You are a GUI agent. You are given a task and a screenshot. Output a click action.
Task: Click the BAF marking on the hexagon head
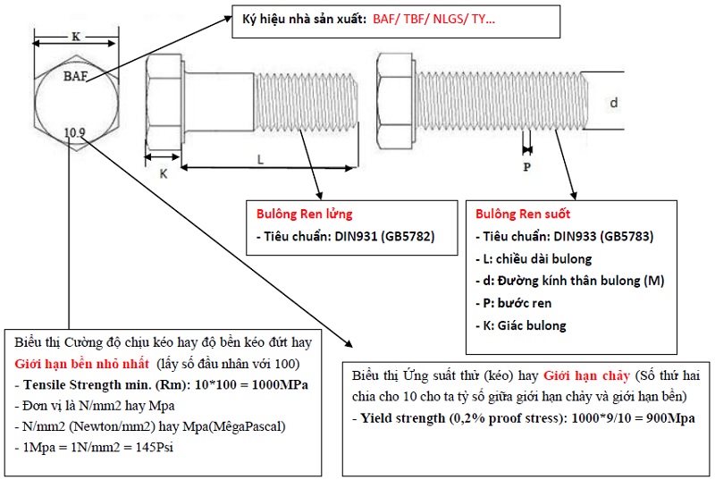(76, 76)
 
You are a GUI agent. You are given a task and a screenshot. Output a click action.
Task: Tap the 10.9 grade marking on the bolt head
(74, 132)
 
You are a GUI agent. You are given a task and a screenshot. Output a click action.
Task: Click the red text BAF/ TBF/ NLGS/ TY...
(433, 19)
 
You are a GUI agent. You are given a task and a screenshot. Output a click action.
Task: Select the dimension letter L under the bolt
(260, 159)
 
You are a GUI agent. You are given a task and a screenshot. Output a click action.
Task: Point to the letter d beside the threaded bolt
(614, 103)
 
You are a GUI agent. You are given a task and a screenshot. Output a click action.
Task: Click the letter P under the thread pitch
(527, 167)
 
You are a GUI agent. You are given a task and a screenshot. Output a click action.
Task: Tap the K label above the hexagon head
(76, 37)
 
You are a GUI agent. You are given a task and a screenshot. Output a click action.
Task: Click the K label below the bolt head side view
(164, 173)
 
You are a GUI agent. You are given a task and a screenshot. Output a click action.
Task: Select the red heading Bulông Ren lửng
(304, 214)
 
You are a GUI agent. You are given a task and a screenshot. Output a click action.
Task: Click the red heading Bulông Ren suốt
(523, 214)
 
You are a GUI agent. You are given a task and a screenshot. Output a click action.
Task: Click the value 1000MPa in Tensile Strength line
(280, 384)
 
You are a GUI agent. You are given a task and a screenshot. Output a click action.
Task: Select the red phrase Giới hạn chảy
(586, 376)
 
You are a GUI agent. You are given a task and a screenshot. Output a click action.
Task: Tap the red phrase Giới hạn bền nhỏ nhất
(81, 364)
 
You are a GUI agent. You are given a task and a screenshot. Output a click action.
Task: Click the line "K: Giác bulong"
(521, 325)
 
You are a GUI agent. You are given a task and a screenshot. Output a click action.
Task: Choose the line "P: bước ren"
(513, 303)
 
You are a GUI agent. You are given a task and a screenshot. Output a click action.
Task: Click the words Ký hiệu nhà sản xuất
(304, 19)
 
